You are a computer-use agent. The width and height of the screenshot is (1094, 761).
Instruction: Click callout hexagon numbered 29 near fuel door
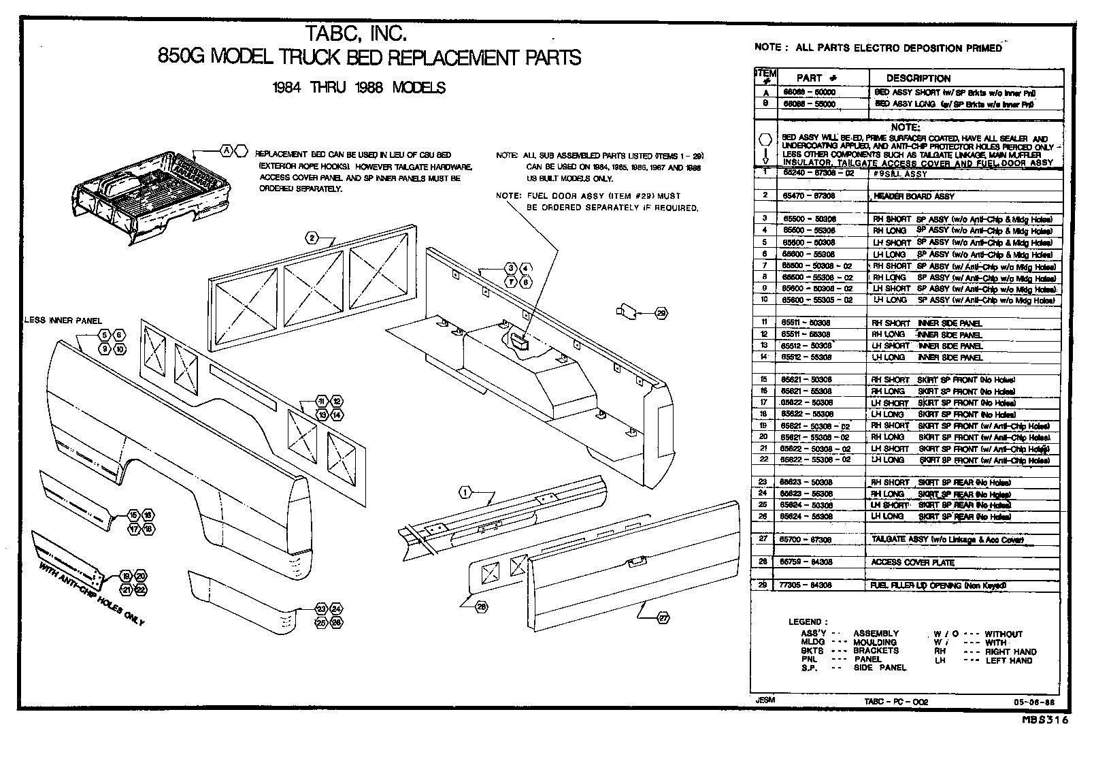click(661, 313)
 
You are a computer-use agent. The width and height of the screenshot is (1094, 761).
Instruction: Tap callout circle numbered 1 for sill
click(465, 492)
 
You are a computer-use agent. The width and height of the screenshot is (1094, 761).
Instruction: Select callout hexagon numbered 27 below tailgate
click(663, 618)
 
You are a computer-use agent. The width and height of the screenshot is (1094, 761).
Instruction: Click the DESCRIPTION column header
click(918, 78)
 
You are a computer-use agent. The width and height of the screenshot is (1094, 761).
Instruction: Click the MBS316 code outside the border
click(1044, 719)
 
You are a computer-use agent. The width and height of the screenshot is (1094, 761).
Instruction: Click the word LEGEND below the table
click(808, 621)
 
